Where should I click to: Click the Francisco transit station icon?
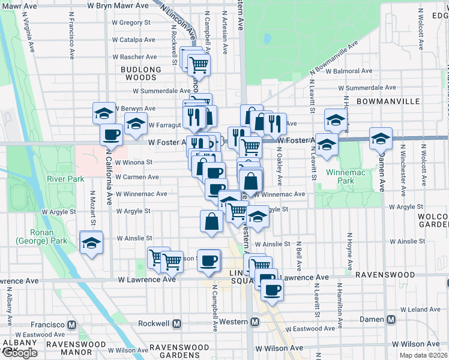72,324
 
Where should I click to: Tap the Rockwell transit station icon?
177,323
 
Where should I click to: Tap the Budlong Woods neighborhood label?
141,73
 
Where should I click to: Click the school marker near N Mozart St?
91,244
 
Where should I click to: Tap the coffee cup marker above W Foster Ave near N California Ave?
112,135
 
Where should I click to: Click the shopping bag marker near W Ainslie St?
211,221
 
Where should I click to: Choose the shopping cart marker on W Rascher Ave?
199,64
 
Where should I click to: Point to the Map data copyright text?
423,355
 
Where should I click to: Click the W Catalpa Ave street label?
133,40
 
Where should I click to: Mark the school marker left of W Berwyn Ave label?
104,112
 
